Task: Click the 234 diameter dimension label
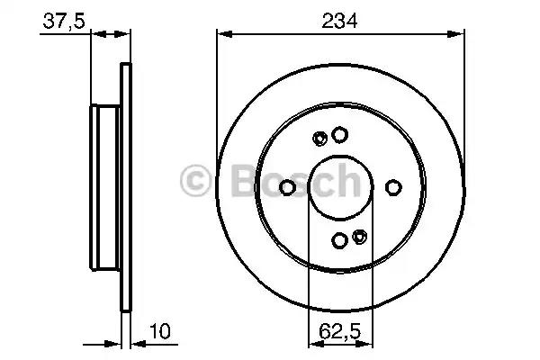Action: point(339,21)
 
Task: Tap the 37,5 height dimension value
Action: point(64,22)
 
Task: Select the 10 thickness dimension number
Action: point(160,331)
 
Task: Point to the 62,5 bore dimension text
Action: point(339,331)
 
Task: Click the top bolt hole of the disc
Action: point(339,135)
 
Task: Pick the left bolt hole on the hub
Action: point(287,187)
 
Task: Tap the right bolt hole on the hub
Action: point(393,187)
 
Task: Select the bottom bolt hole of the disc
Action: point(339,240)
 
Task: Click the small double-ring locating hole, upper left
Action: point(319,139)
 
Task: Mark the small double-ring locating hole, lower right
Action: point(359,237)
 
